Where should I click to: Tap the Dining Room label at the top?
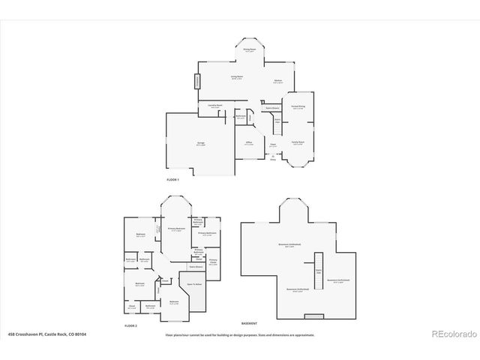pos(250,50)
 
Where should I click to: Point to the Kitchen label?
pos(277,81)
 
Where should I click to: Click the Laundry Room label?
pos(214,106)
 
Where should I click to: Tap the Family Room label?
pos(298,143)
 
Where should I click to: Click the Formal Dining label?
pos(298,107)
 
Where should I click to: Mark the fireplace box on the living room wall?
pos(198,81)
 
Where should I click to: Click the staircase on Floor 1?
pos(277,120)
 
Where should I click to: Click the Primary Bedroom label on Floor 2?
pos(177,229)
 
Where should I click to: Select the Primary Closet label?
pos(213,262)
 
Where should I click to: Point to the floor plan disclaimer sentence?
pos(240,334)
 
